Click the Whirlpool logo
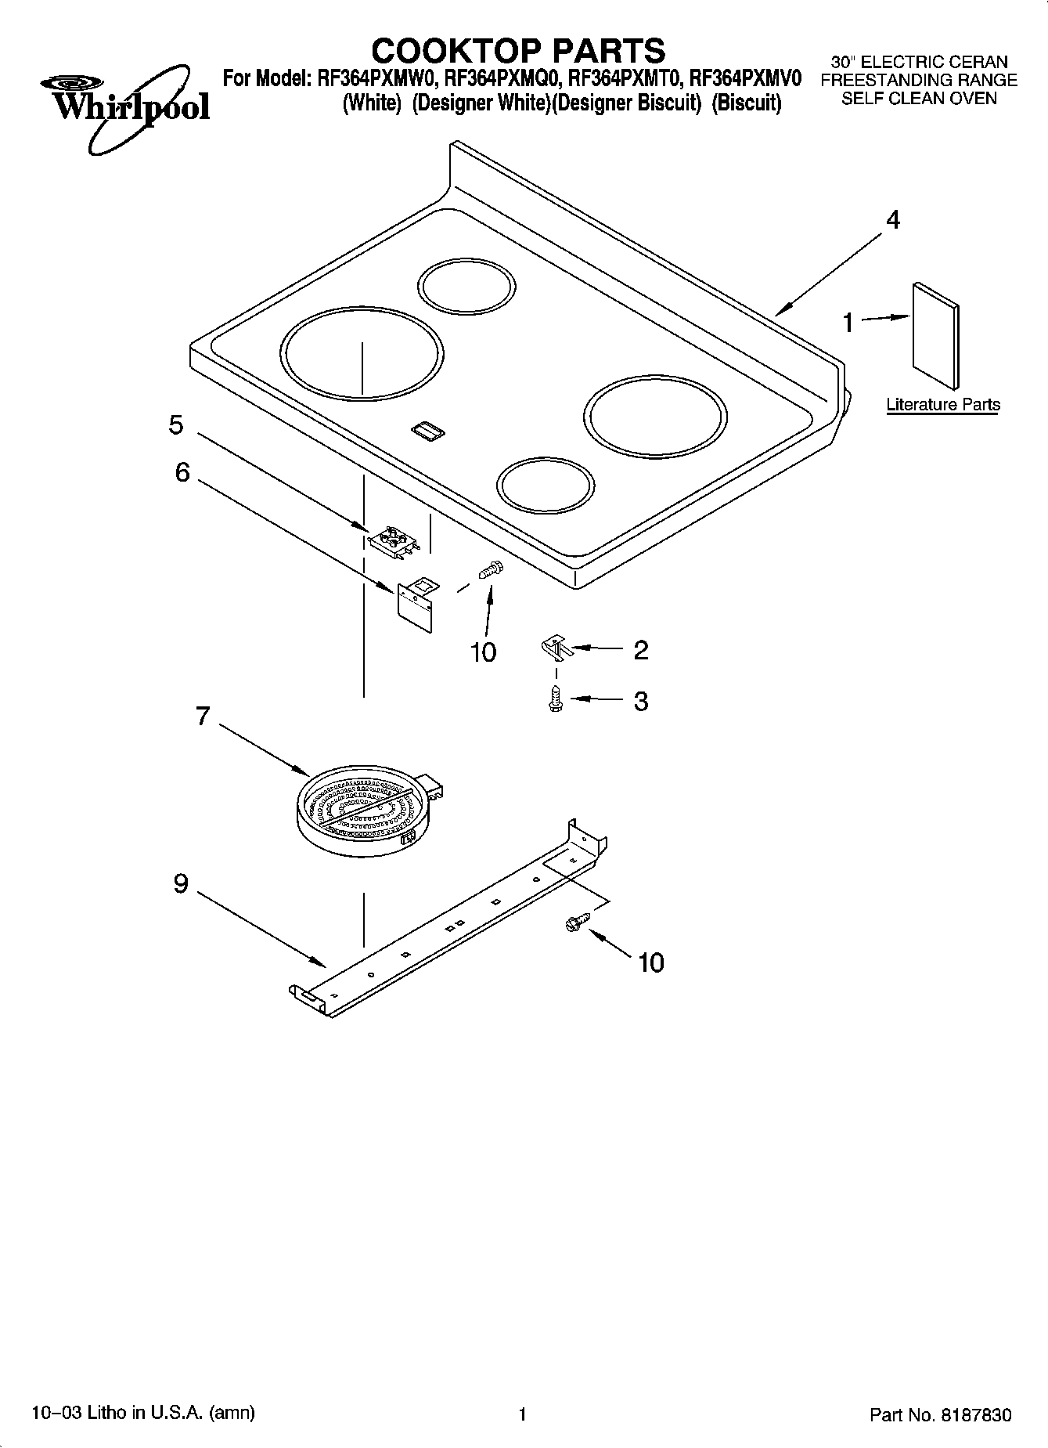[x=126, y=106]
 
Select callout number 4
[x=892, y=220]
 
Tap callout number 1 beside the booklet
[x=848, y=323]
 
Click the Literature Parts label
[x=942, y=405]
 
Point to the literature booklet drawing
[x=935, y=335]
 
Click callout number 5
[x=176, y=425]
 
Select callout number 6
[x=182, y=472]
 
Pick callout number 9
[x=181, y=884]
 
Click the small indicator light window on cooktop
[x=427, y=428]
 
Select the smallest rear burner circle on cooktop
[x=467, y=284]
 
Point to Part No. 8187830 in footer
[x=940, y=1415]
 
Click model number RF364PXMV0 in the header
[x=745, y=78]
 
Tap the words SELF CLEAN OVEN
[x=919, y=99]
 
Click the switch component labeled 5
[x=394, y=541]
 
